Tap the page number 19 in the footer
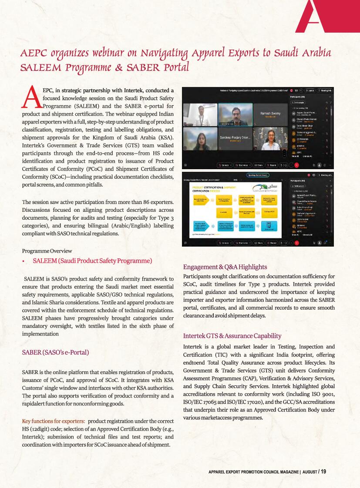pos(323,471)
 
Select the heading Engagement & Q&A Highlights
pos(225,267)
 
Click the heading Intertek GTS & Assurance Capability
pos(232,336)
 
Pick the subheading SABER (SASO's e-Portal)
pos(55,352)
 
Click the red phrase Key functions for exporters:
pos(53,421)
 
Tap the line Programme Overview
pos(47,251)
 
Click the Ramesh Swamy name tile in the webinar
pos(271,115)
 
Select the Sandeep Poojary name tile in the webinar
pos(235,138)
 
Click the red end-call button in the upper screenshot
pos(296,165)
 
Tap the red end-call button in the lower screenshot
pos(296,243)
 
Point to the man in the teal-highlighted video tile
pos(235,114)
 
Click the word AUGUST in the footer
pos(310,472)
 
